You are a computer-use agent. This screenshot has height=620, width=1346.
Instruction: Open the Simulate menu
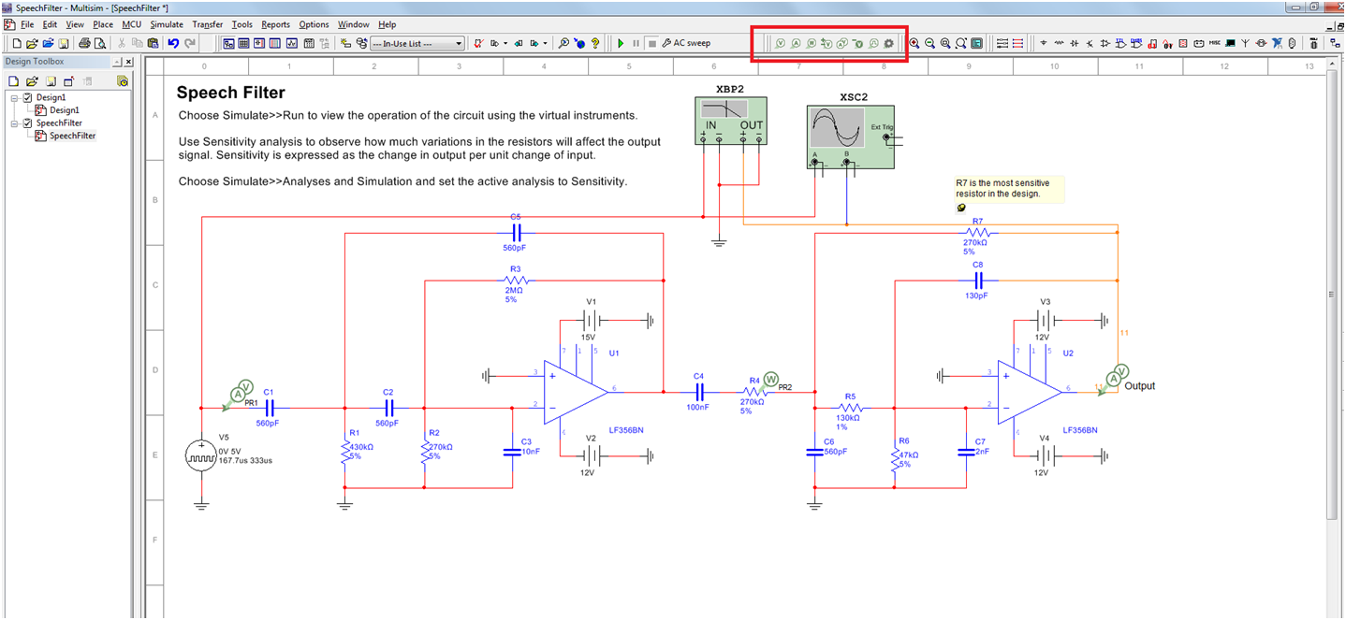click(x=167, y=24)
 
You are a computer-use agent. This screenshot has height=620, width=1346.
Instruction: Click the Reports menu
click(x=275, y=24)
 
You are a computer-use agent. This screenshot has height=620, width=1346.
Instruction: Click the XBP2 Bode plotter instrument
click(x=730, y=121)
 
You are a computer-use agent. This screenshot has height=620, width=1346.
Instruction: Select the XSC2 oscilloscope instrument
click(x=849, y=136)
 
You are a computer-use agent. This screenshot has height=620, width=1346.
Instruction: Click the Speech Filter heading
click(x=231, y=93)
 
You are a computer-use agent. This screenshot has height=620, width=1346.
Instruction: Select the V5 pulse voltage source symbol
click(x=201, y=456)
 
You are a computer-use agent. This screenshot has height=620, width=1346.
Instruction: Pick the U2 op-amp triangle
click(x=1028, y=393)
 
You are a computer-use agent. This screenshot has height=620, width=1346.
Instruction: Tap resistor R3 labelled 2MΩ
click(x=516, y=280)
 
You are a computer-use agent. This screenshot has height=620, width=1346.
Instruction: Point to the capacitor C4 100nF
click(x=698, y=393)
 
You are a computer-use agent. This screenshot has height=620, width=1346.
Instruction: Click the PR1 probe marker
click(x=242, y=389)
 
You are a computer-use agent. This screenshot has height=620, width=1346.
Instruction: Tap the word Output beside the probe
click(x=1140, y=386)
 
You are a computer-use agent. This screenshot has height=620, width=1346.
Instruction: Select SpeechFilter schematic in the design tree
click(x=72, y=136)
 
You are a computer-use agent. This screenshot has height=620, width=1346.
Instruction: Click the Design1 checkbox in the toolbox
click(x=28, y=98)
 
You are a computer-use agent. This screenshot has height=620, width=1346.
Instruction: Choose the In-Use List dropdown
click(x=417, y=43)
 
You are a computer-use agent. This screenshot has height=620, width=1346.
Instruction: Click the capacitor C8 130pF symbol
click(x=977, y=280)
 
